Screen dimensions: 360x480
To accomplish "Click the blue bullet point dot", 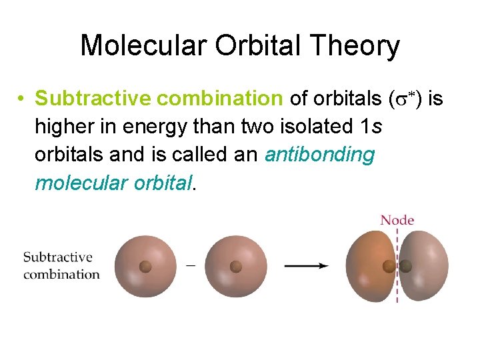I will click(22, 99).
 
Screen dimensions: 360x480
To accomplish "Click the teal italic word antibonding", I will click(320, 154).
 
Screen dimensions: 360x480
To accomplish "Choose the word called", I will click(203, 154).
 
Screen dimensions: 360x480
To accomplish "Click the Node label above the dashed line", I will click(397, 220).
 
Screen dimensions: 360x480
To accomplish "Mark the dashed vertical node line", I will click(397, 280).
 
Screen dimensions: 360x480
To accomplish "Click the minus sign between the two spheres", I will click(191, 265).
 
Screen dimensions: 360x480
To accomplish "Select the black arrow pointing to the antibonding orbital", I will click(306, 265).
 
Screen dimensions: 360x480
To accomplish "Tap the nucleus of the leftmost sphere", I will click(145, 267).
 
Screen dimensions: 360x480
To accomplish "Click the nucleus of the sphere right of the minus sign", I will click(235, 267).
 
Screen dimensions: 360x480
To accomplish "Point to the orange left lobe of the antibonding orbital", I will click(369, 267).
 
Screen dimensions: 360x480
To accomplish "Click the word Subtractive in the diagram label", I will click(57, 257).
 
